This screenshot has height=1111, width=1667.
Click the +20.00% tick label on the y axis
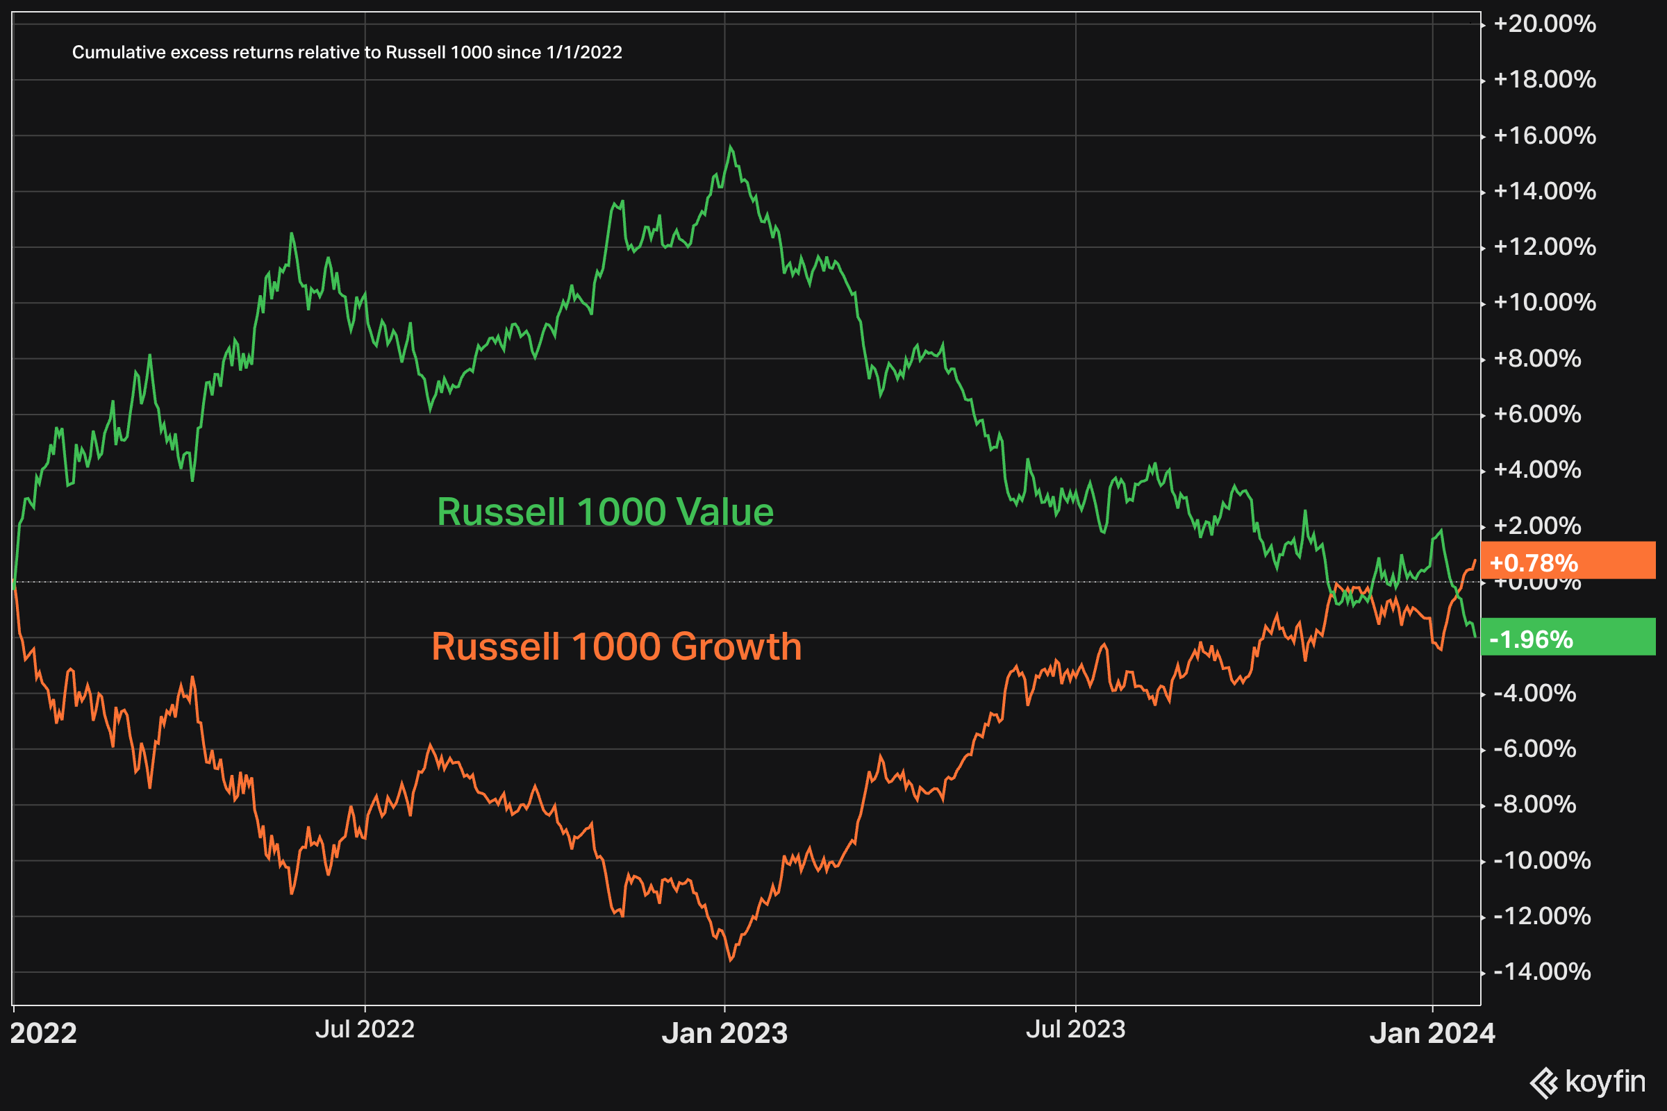pyautogui.click(x=1544, y=24)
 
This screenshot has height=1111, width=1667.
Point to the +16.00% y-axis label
pyautogui.click(x=1544, y=135)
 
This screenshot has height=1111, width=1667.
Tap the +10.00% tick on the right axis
pyautogui.click(x=1544, y=303)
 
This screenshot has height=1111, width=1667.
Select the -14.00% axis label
pyautogui.click(x=1541, y=971)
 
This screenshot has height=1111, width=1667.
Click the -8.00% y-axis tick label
pyautogui.click(x=1534, y=804)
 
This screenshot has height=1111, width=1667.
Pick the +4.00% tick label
pyautogui.click(x=1537, y=470)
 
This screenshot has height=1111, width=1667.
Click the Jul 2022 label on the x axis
pyautogui.click(x=365, y=1029)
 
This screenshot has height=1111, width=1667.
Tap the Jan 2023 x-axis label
pyautogui.click(x=724, y=1033)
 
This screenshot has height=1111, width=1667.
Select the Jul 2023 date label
pyautogui.click(x=1075, y=1029)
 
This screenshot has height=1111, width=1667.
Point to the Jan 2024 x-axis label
pyautogui.click(x=1432, y=1033)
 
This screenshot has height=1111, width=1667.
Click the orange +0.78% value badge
pyautogui.click(x=1567, y=562)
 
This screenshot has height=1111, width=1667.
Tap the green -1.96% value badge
pyautogui.click(x=1567, y=639)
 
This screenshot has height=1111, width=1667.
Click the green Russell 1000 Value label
pyautogui.click(x=605, y=512)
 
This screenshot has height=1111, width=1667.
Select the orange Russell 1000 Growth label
pyautogui.click(x=617, y=646)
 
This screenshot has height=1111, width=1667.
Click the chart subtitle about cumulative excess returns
pyautogui.click(x=347, y=53)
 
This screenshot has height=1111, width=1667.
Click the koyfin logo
pyautogui.click(x=1587, y=1081)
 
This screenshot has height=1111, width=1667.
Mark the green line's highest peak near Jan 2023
pyautogui.click(x=731, y=147)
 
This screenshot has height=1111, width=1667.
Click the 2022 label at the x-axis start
pyautogui.click(x=43, y=1033)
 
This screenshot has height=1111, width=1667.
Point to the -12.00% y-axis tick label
pyautogui.click(x=1541, y=916)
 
